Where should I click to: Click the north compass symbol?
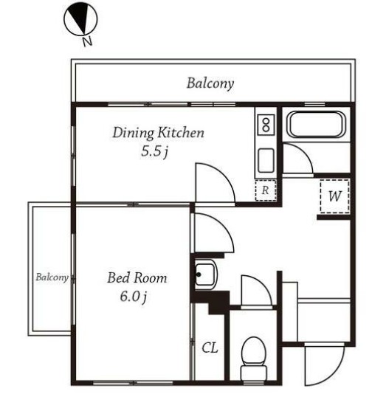coord(80,19)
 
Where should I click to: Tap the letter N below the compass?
coord(88,41)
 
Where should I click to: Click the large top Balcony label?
coord(210,83)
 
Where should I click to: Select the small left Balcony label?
coord(52,277)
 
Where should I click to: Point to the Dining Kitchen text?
coord(159,132)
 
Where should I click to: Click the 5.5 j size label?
coord(154,151)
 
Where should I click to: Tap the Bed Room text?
coord(137,278)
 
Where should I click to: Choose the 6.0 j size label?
coord(133,297)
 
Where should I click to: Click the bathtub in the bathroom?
coord(316,124)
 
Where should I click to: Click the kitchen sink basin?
coord(266,160)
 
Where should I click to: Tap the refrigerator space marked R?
coord(266,190)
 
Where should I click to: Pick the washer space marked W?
coord(335,196)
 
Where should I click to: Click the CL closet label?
coord(210,348)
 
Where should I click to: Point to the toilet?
coord(253,357)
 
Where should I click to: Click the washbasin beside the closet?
coord(205,274)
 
